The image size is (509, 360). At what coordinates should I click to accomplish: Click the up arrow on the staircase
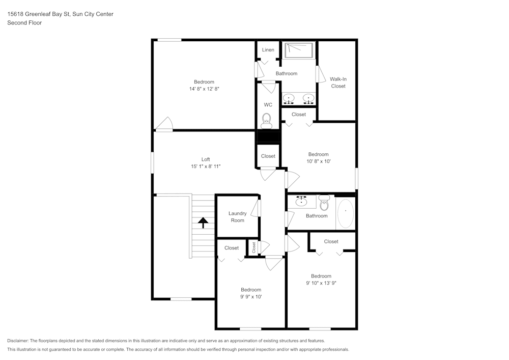[x=203, y=223]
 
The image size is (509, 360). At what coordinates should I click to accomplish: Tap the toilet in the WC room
[x=267, y=120]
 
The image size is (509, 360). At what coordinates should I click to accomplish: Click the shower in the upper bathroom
[x=299, y=50]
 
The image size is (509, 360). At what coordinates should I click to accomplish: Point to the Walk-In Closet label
[x=338, y=82]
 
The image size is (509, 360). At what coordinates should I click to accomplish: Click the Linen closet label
[x=268, y=50]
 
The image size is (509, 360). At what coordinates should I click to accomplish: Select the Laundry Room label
[x=237, y=217]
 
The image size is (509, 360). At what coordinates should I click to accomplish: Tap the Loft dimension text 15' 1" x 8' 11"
[x=205, y=167]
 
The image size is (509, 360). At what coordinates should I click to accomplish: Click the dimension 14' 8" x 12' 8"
[x=204, y=89]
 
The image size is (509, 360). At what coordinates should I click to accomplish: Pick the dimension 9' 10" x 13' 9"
[x=321, y=283]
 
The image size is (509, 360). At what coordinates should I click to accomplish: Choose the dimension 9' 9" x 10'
[x=251, y=296]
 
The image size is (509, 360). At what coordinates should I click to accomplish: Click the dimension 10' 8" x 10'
[x=318, y=161]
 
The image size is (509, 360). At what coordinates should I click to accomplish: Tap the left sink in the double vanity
[x=289, y=98]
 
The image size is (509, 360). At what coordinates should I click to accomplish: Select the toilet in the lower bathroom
[x=324, y=204]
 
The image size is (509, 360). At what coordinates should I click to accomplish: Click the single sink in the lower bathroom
[x=302, y=201]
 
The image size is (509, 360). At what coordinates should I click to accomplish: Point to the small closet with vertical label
[x=253, y=247]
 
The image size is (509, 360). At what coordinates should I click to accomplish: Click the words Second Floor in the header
[x=24, y=23]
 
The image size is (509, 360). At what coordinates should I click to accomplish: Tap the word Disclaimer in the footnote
[x=18, y=341]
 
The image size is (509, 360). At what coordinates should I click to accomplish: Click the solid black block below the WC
[x=268, y=136]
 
